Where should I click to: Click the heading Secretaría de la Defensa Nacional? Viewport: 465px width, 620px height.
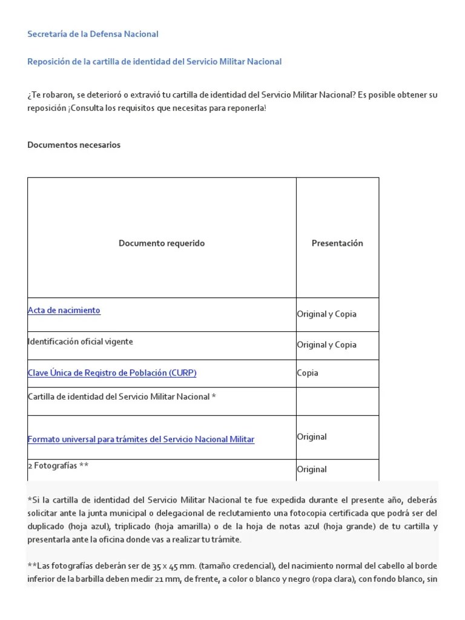[x=93, y=34]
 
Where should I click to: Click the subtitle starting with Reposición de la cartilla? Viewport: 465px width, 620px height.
[x=154, y=62]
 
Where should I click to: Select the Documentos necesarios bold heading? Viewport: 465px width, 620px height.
[x=74, y=145]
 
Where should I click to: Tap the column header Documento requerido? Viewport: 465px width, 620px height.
[x=162, y=243]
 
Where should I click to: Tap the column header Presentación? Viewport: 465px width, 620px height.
[x=337, y=243]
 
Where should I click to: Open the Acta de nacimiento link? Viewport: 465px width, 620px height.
[x=64, y=311]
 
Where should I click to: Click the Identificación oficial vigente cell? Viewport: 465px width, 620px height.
[x=81, y=341]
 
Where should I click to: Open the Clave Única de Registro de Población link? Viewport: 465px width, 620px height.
[x=112, y=373]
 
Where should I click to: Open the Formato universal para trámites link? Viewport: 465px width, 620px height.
[x=141, y=439]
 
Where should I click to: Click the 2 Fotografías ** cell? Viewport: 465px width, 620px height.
[x=59, y=466]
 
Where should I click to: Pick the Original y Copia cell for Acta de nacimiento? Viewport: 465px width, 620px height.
[x=326, y=314]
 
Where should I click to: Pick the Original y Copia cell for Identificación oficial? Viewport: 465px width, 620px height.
[x=326, y=345]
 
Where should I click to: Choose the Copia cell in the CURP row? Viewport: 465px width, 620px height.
[x=308, y=373]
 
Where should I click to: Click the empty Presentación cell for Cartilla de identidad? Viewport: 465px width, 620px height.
[x=337, y=401]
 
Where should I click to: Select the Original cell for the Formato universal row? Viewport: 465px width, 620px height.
[x=312, y=437]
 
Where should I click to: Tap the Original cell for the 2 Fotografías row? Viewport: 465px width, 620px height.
[x=312, y=469]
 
